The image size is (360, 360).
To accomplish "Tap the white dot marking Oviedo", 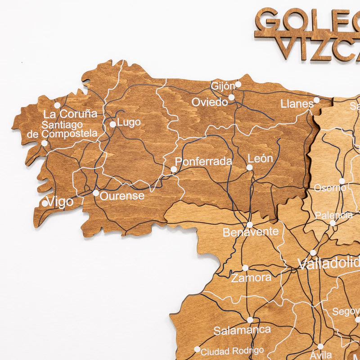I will [x=231, y=97].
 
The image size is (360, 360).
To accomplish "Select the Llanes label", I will [x=297, y=104].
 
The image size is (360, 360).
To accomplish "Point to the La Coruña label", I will [x=70, y=113].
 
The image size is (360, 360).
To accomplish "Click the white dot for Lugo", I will [x=113, y=124].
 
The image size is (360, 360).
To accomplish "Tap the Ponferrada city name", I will [x=203, y=162].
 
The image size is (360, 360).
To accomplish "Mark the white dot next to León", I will [x=249, y=167].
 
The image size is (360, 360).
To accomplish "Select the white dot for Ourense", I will [x=96, y=193].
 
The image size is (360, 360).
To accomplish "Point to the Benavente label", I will [x=251, y=233].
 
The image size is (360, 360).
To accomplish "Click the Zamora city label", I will [x=251, y=278].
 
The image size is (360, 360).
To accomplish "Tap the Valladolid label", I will [x=329, y=263].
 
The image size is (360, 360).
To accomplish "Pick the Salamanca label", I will [x=243, y=331].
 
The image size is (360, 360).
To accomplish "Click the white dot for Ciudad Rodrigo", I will [x=197, y=349].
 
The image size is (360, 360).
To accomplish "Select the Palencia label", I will [x=334, y=216].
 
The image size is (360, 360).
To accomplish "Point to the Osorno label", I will [x=330, y=188].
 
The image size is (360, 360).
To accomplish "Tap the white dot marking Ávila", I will [x=320, y=346].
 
